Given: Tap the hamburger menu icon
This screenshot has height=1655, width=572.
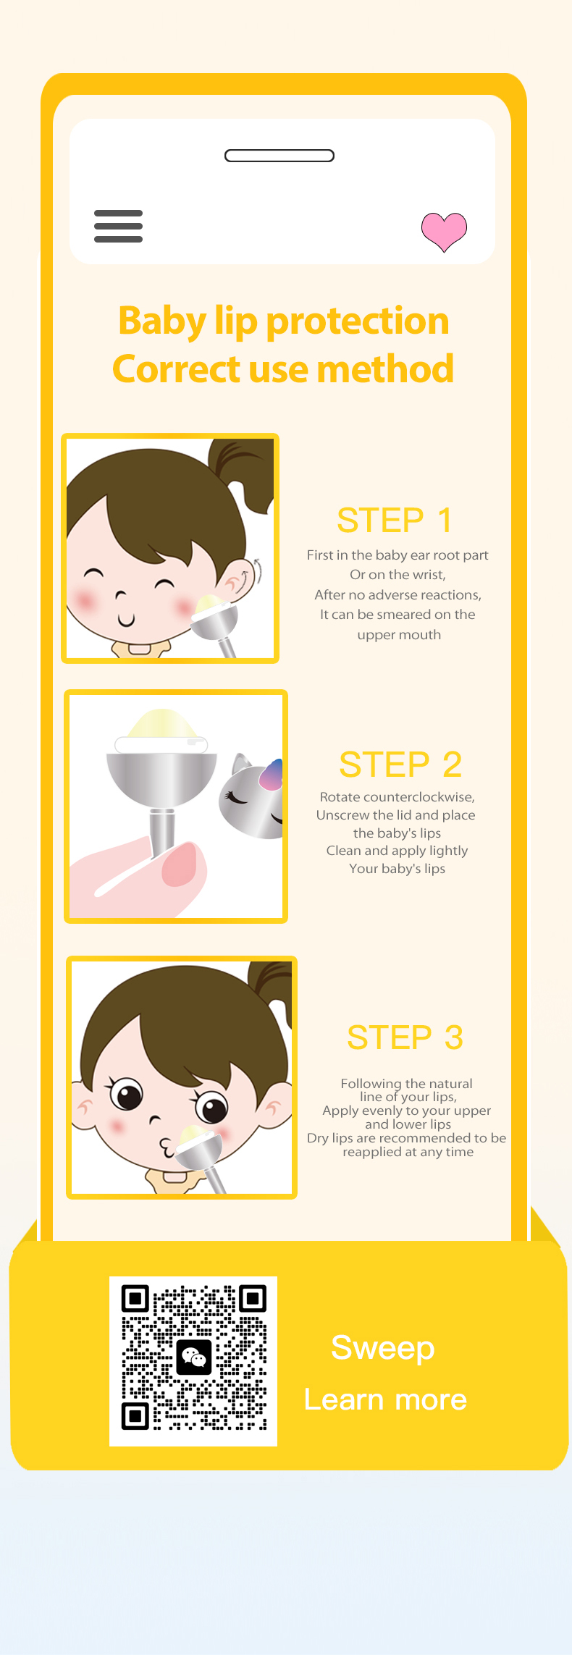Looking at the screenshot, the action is (x=118, y=226).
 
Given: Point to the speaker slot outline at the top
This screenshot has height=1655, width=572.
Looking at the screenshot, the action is (x=279, y=156).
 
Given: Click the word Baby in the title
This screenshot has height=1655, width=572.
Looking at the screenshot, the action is (x=163, y=321).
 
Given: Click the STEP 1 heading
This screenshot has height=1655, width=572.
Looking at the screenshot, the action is (x=395, y=521).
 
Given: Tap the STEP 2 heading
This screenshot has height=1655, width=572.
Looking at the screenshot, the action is (x=400, y=765).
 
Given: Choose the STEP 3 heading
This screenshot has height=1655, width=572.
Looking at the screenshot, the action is (x=405, y=1037).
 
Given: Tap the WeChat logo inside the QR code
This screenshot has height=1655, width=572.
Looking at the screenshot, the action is (x=194, y=1357).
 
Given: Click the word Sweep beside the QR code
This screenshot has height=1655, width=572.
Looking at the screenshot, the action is (x=383, y=1349).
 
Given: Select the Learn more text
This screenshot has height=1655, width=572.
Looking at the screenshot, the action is (x=385, y=1399).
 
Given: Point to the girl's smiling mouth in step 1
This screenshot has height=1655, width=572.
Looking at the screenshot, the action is (x=127, y=620).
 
